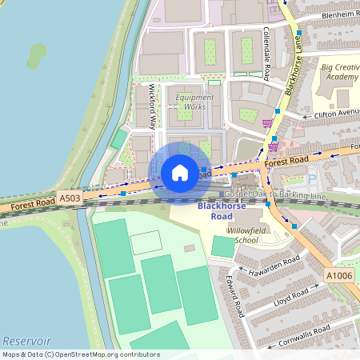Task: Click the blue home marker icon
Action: [180, 172]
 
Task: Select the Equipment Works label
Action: [190, 102]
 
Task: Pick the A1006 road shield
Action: [338, 275]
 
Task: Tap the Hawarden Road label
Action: [274, 266]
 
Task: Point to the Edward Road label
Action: [234, 297]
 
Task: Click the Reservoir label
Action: [26, 340]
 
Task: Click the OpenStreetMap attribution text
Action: [80, 354]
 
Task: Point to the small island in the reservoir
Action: [36, 54]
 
